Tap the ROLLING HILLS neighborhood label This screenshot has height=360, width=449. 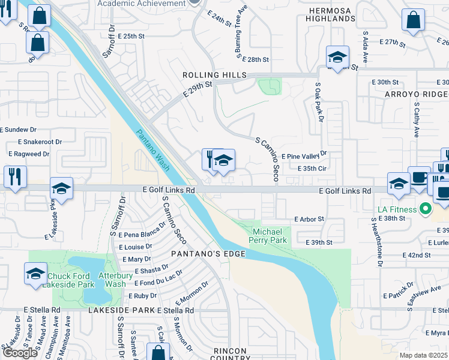tap(215, 74)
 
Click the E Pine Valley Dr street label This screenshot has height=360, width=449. tap(304, 156)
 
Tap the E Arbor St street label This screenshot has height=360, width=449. tap(309, 219)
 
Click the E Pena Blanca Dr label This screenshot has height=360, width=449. tap(142, 235)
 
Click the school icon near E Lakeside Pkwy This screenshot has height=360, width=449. tap(61, 187)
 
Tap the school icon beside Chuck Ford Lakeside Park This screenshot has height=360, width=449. tap(36, 274)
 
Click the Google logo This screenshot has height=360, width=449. tap(20, 353)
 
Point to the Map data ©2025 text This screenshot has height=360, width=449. tap(424, 355)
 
